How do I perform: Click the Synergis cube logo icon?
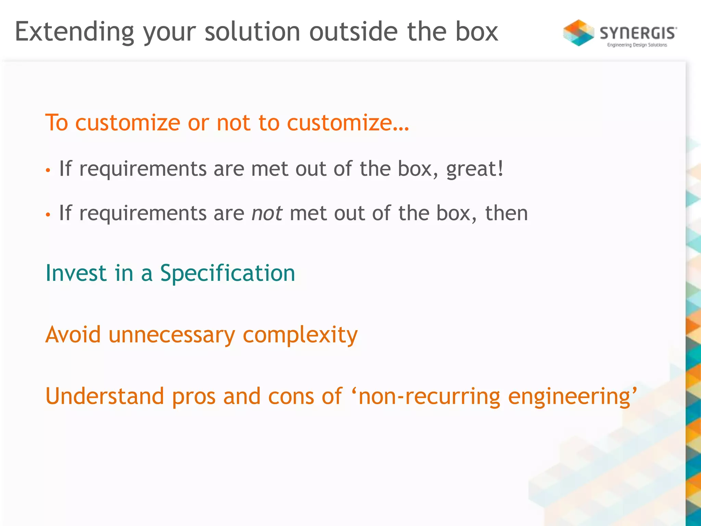point(578,33)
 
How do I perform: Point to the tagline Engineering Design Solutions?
point(637,45)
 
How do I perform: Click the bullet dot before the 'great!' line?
point(48,170)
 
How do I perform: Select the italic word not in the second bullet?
point(267,213)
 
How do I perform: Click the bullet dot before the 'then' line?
point(48,215)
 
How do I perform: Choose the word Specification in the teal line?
point(228,274)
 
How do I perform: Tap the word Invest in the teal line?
point(76,273)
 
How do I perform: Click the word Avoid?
point(73,334)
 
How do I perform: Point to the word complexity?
point(300,335)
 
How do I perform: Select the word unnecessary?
point(172,335)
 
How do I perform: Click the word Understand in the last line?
point(105,396)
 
